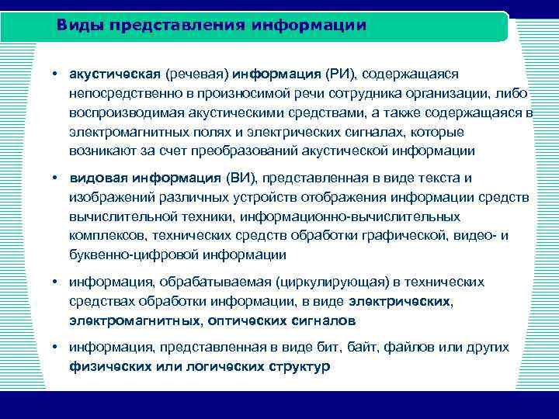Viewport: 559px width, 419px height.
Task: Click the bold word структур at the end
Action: point(298,365)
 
